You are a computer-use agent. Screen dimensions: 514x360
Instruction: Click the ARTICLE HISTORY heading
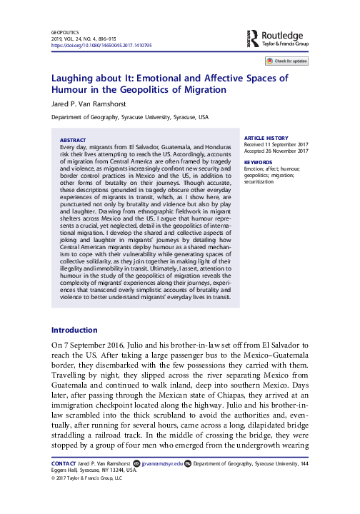266,137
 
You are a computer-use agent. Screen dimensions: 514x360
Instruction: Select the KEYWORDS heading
258,162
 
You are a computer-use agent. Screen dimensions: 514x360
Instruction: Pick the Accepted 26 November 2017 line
276,151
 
